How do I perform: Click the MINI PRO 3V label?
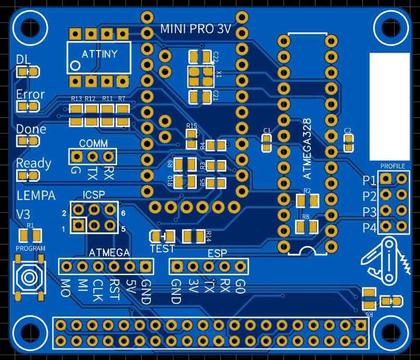[x=196, y=29]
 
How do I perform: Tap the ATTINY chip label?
[x=100, y=54]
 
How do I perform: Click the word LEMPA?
[x=36, y=196]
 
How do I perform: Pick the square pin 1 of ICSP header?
[x=78, y=226]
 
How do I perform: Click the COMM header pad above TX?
[x=93, y=156]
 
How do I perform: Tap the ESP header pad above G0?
[x=240, y=267]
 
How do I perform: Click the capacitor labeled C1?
[x=266, y=143]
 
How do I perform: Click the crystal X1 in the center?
[x=201, y=76]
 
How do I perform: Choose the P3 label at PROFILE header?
[x=370, y=212]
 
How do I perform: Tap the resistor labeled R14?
[x=194, y=237]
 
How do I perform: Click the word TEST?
[x=162, y=249]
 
